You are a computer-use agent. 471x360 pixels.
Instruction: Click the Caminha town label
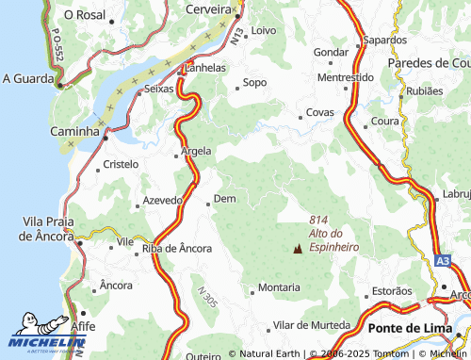point(74,133)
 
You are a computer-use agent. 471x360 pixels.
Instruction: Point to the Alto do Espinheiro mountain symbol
point(299,250)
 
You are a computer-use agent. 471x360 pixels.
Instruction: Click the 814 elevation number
point(318,221)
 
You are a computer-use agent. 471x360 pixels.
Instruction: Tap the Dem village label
point(224,199)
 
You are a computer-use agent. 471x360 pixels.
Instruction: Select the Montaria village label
point(280,286)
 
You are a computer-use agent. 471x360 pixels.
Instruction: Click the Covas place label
point(320,113)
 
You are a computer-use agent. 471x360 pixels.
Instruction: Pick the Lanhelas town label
point(206,68)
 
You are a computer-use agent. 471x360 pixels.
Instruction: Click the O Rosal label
point(84,16)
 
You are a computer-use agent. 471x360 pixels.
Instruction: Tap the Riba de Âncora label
point(176,249)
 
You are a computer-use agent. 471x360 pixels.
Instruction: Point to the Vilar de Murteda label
point(311,325)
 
